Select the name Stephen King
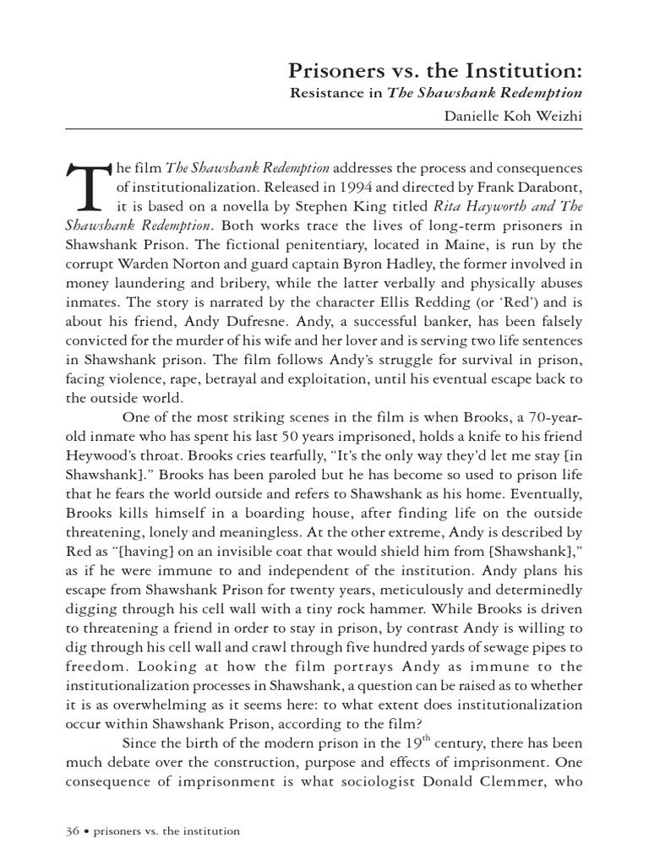(372, 206)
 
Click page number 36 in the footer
(72, 831)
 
